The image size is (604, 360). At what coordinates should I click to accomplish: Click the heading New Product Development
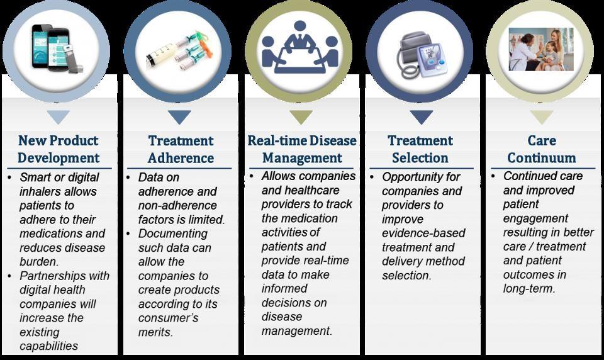coord(59,149)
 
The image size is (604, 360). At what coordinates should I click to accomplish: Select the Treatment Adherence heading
coord(181,149)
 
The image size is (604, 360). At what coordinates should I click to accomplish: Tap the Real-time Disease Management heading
coord(301,149)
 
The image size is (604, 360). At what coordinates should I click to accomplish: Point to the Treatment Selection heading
coord(420,149)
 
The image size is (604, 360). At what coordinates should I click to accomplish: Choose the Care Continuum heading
coord(542,149)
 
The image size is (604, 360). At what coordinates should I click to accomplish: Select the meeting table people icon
coord(299,47)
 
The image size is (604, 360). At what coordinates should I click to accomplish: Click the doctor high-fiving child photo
coord(541,49)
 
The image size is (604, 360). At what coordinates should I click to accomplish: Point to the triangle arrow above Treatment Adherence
coord(179,117)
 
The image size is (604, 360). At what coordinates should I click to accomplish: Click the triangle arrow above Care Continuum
coord(542,117)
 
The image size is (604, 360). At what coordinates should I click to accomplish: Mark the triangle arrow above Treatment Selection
coord(421,117)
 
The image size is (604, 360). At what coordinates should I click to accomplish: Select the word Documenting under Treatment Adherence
coord(173,234)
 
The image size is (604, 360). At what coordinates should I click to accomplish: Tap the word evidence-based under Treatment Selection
coord(423,233)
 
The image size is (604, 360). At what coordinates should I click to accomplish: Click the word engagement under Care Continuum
coord(535,219)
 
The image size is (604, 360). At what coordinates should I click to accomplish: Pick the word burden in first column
coord(39,262)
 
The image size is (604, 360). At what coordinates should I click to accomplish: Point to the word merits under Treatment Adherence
coord(155,332)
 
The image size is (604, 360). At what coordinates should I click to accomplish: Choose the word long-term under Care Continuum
coord(529,289)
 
